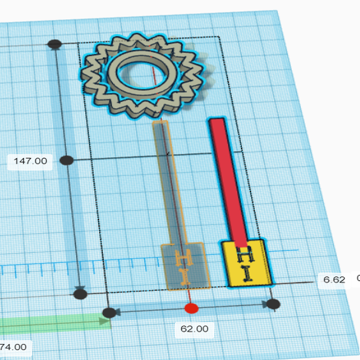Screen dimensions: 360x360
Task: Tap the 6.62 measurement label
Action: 334,280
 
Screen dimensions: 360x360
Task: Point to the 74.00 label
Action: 15,347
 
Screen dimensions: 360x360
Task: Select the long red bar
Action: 229,177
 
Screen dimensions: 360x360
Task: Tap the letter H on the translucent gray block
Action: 184,257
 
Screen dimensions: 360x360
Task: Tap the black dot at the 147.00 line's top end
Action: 54,45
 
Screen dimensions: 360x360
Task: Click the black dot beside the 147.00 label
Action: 67,160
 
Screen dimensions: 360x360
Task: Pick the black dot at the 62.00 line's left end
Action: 110,312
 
